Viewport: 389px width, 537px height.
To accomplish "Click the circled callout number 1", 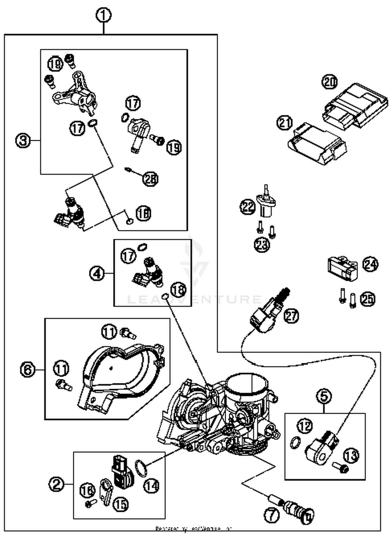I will point(103,15).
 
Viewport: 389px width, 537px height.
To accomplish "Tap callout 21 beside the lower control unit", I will point(284,123).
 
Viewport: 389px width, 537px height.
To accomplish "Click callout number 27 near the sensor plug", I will point(291,316).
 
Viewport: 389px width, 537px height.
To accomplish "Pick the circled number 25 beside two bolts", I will point(368,299).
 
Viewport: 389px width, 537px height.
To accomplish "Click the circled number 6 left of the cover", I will point(27,369).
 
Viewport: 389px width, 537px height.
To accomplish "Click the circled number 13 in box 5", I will point(351,455).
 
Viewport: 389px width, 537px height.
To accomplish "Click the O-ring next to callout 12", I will point(295,442).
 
